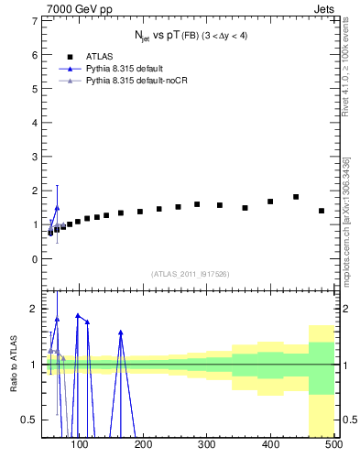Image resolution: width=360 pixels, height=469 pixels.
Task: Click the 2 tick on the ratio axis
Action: click(33, 309)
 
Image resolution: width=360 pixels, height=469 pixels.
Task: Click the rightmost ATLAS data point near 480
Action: click(322, 211)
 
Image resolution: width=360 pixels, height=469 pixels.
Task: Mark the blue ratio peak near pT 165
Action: click(121, 333)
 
